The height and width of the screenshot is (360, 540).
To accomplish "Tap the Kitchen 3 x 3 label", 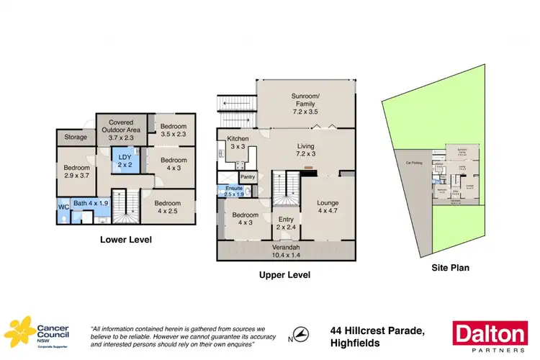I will [238, 143].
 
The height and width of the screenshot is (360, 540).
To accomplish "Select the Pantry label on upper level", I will [248, 176].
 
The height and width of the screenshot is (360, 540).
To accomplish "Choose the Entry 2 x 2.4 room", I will [286, 224].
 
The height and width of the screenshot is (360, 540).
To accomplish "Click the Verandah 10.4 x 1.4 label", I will [287, 251].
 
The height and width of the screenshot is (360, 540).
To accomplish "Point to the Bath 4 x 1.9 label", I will [90, 204].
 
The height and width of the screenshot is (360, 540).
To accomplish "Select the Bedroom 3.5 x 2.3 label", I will [174, 130].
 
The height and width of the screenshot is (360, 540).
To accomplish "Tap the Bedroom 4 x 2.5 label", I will [168, 207].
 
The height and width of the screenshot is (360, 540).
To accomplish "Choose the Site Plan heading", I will [450, 268].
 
